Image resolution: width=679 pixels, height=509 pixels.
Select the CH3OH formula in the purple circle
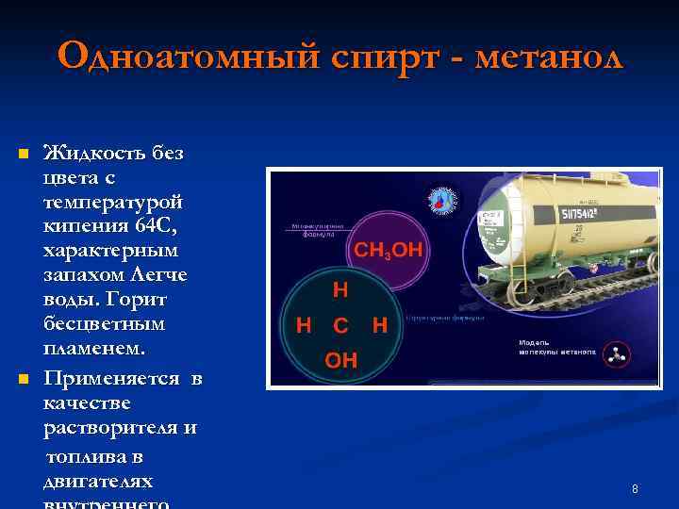click(389, 250)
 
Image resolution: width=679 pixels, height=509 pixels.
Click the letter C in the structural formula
click(340, 326)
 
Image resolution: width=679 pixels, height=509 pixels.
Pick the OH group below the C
click(341, 360)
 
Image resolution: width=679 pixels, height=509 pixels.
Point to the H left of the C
click(305, 326)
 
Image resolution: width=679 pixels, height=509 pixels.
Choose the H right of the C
click(380, 326)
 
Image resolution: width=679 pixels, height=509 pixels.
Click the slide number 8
click(635, 489)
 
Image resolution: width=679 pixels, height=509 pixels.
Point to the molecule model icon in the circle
click(618, 355)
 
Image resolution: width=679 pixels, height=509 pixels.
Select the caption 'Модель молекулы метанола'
click(556, 347)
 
